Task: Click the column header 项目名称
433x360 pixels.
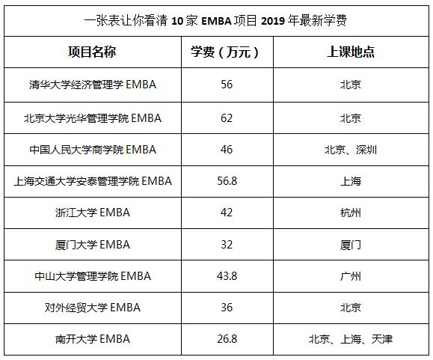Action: (92, 52)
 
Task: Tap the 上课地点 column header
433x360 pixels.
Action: (351, 52)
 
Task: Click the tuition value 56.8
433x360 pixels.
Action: (227, 181)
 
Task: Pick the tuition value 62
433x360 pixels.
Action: (227, 118)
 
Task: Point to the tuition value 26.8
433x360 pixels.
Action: (227, 339)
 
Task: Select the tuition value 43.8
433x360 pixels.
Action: (227, 276)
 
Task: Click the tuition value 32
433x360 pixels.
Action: (227, 245)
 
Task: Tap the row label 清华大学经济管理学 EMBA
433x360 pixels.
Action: (93, 85)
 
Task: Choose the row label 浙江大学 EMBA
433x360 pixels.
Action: (93, 213)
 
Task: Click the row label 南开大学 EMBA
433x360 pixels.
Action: (93, 339)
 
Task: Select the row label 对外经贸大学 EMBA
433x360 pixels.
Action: (93, 308)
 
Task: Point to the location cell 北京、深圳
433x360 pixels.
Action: (351, 150)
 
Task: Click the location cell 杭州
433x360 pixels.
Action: (351, 213)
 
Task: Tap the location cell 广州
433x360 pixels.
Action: (351, 276)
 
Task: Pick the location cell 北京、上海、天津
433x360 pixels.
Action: (351, 339)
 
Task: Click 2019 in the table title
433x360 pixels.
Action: (273, 21)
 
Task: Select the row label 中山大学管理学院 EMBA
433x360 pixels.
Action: (93, 276)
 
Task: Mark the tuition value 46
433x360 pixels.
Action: (227, 150)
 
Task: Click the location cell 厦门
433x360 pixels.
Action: (351, 245)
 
